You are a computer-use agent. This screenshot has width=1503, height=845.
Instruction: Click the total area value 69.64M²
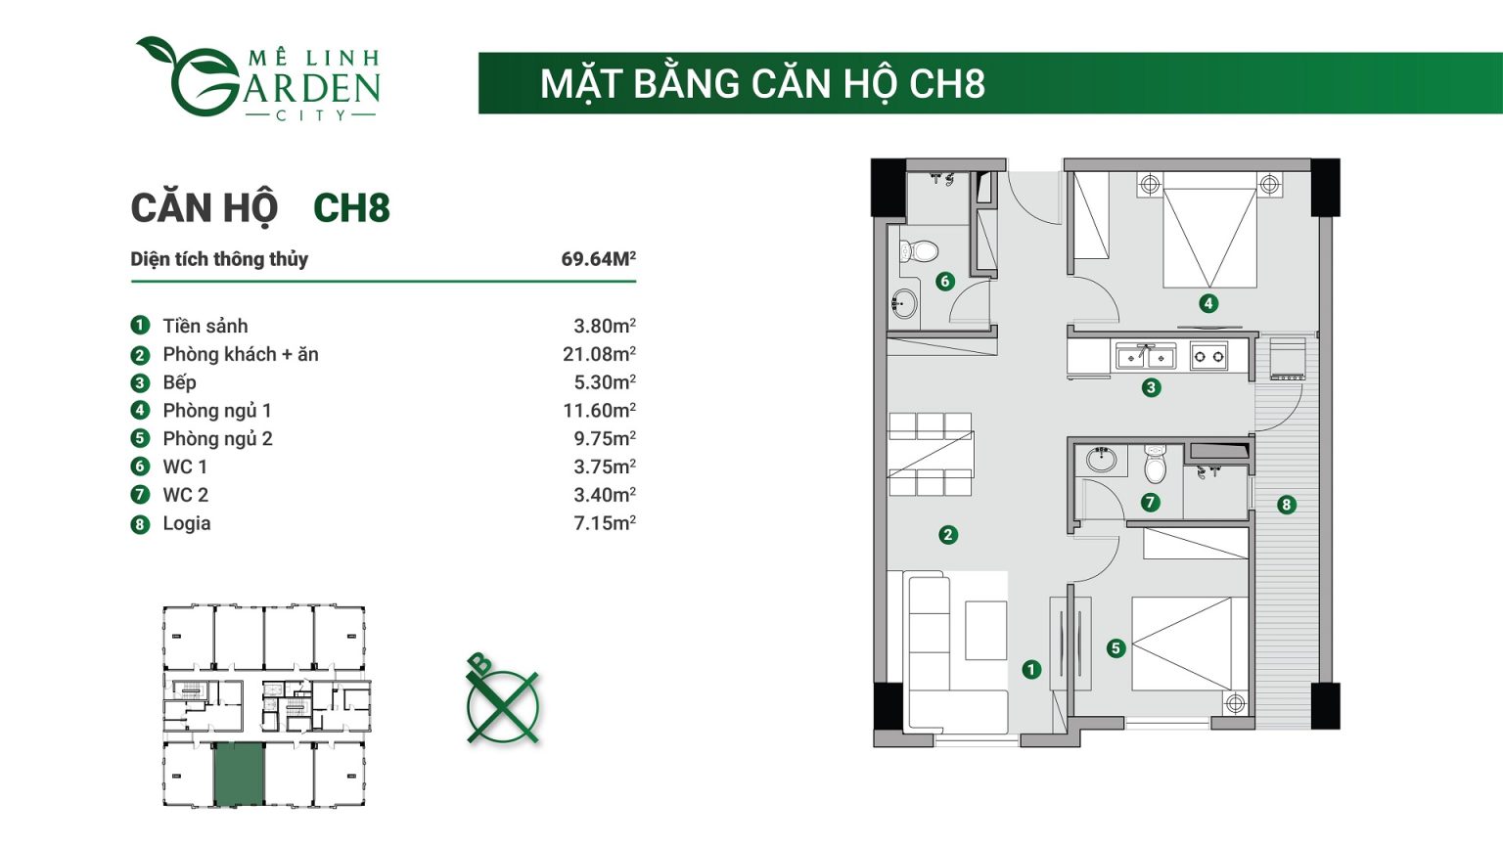pos(598,259)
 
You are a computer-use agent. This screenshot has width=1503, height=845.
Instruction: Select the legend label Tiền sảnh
pos(205,326)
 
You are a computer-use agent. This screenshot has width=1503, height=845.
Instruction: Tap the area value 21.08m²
pos(599,354)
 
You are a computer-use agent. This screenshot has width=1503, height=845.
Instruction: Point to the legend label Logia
pos(186,523)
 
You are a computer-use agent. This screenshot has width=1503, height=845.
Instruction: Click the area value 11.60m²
pos(599,411)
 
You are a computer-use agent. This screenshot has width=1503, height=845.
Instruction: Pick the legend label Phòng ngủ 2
pos(217,438)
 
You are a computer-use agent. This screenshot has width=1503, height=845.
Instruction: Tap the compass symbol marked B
pos(502,703)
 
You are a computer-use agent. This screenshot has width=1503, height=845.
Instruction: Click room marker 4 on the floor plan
pos(1208,303)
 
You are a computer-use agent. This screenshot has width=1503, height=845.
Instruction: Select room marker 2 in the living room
pos(947,535)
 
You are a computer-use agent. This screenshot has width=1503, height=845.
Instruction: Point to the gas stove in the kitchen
pos(1208,357)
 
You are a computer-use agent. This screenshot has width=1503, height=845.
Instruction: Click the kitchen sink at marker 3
pos(1145,357)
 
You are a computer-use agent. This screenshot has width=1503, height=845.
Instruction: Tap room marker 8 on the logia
pos(1286,505)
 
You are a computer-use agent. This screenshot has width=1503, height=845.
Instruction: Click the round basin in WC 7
pos(1101,459)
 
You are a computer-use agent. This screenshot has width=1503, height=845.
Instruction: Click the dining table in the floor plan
pos(930,455)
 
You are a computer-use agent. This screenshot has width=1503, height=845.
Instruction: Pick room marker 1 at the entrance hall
pos(1031,670)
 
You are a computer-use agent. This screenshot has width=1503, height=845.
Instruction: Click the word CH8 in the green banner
pos(946,84)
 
